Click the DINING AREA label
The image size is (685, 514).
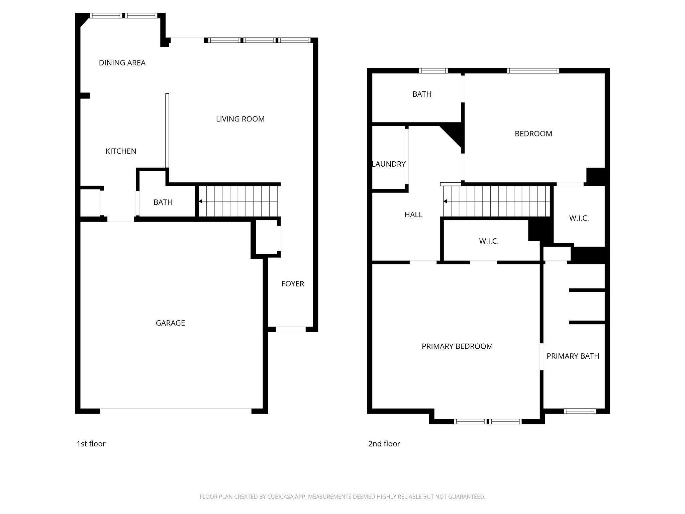coord(122,63)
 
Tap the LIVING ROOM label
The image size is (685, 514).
coord(240,119)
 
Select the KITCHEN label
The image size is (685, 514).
coord(121,151)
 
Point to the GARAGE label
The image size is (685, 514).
coord(170,323)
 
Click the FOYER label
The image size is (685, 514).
coord(293,284)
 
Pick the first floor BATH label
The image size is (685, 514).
coord(163,202)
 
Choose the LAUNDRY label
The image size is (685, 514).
coord(389,164)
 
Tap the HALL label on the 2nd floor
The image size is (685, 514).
coord(413,215)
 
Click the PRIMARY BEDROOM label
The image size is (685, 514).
coord(457,346)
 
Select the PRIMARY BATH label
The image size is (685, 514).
coord(573,356)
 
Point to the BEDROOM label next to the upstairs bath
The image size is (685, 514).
coord(533,134)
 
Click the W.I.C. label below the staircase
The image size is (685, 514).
coord(489,241)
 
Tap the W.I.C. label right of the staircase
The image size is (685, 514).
coord(579,219)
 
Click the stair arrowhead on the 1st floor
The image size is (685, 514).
coord(200,201)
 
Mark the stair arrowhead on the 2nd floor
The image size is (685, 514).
coord(445,201)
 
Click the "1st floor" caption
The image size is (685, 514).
coord(91,444)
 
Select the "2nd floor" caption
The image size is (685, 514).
coord(384,444)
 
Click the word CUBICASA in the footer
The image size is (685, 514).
coord(281,497)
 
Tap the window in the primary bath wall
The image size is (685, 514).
coord(580,411)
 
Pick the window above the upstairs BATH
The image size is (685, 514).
coord(433,71)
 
